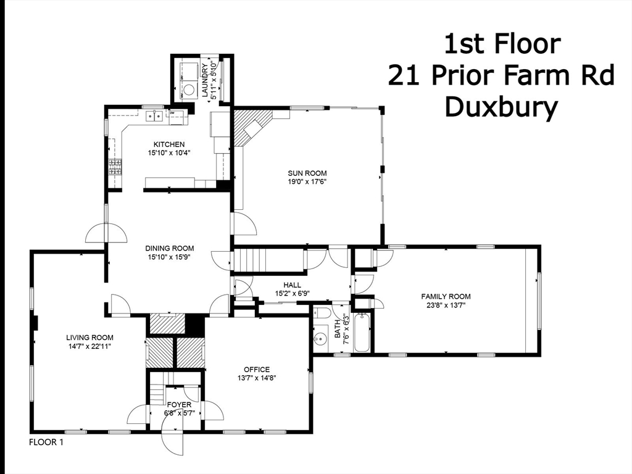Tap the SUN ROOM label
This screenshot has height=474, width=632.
[307, 173]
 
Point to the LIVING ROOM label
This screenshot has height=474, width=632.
[90, 338]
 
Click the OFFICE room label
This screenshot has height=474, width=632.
[256, 370]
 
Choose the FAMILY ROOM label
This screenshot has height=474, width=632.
[446, 297]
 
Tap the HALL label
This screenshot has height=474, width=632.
[292, 285]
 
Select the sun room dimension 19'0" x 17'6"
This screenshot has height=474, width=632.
[307, 182]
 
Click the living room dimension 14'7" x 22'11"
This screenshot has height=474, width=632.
[90, 346]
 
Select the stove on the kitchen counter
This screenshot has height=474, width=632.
[115, 167]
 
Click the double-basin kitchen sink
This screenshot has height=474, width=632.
[154, 115]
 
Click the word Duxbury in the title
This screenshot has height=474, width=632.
[501, 106]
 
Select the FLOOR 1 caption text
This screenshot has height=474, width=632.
[46, 443]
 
